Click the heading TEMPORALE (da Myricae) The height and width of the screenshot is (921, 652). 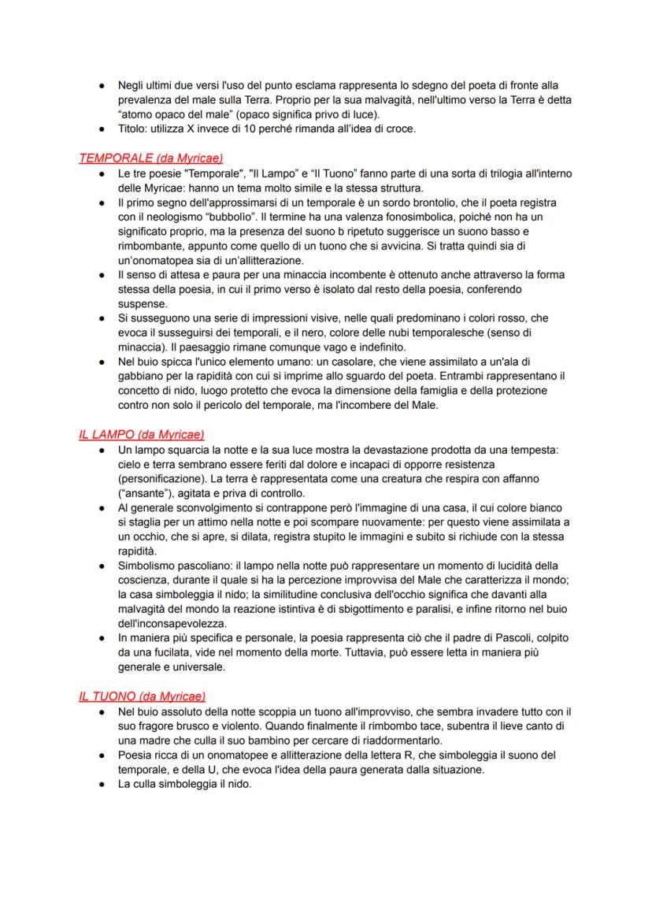point(143,157)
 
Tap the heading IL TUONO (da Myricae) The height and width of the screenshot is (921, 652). point(142,696)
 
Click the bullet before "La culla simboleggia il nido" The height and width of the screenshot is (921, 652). point(103,782)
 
